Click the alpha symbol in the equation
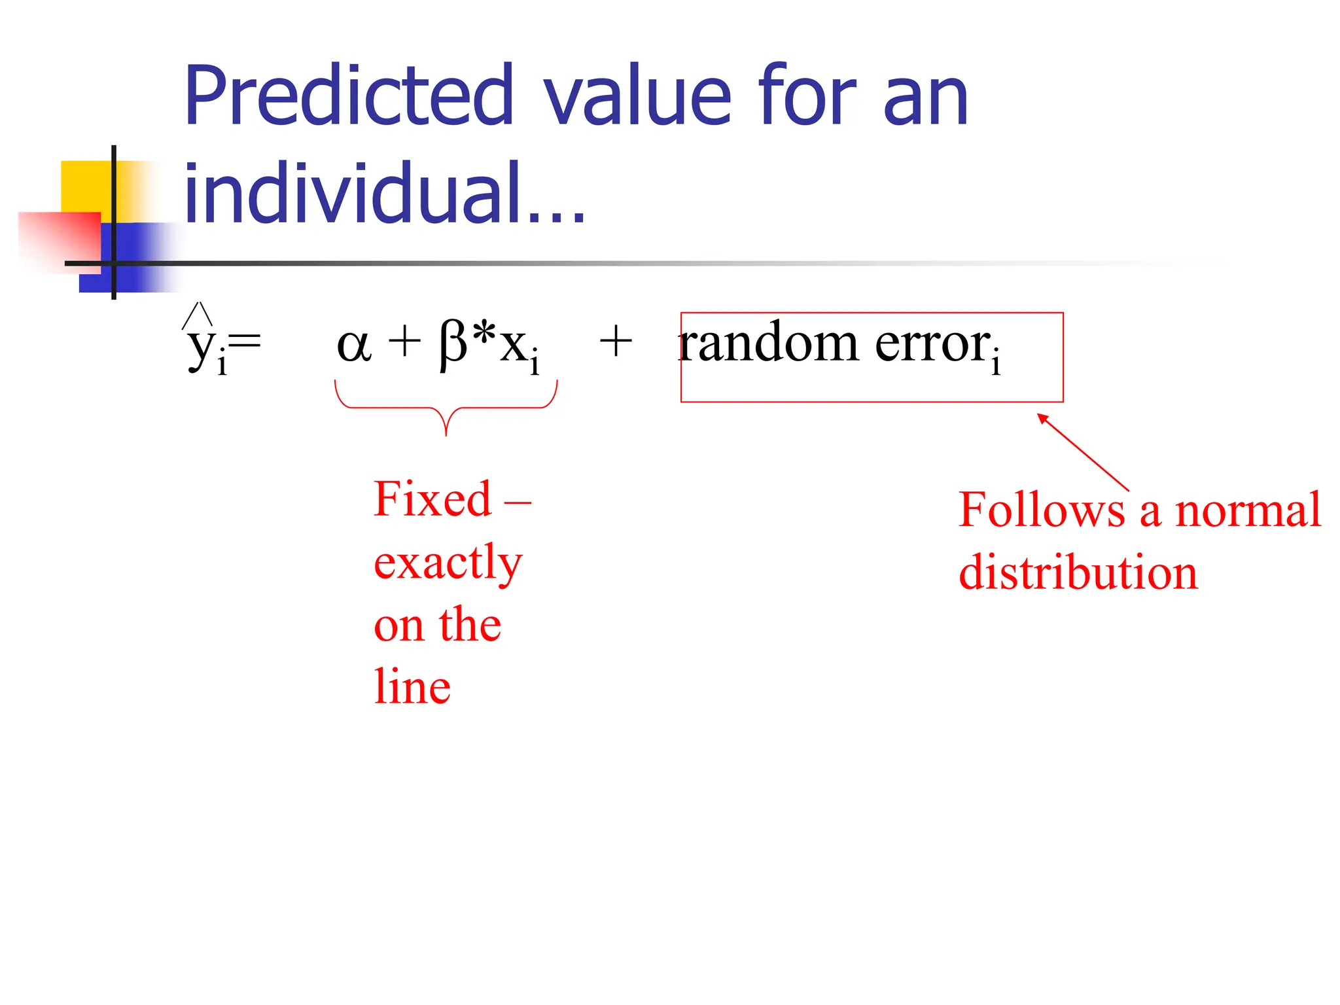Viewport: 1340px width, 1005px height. [354, 345]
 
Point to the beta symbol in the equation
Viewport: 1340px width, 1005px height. [453, 345]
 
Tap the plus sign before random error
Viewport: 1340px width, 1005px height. [616, 342]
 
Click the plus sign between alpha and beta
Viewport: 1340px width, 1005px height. [404, 342]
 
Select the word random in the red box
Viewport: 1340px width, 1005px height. [768, 344]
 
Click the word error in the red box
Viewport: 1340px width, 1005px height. [933, 344]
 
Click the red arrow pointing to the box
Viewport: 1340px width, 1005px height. [1083, 451]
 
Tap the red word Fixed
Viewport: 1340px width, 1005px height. [432, 499]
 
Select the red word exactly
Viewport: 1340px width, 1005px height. [448, 563]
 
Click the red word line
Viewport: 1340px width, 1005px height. [412, 686]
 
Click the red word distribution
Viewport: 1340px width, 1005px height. [1078, 573]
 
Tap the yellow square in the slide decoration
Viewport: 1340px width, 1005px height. [85, 186]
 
